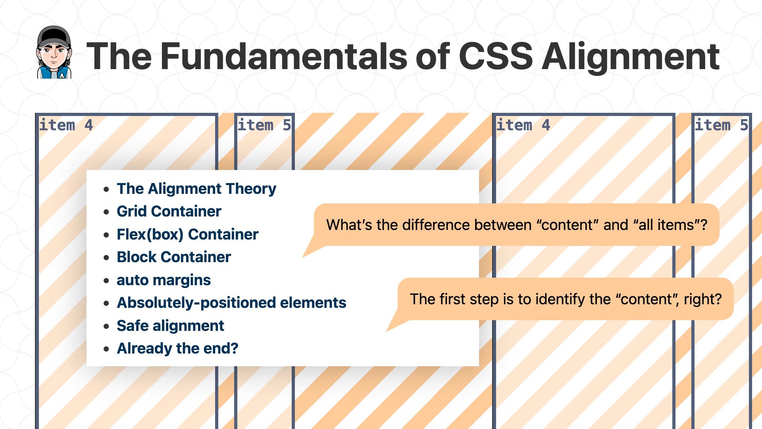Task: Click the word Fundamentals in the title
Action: (284, 56)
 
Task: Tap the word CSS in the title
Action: (495, 56)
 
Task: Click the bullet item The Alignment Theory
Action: (196, 189)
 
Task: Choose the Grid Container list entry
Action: (169, 211)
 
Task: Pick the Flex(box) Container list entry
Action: (187, 234)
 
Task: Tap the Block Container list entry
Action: (173, 257)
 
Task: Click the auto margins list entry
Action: (164, 280)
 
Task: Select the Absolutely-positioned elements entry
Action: (231, 303)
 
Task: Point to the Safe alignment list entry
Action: (170, 326)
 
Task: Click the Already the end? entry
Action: (177, 348)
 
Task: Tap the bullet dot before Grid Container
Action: (106, 212)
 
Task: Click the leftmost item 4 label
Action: (66, 125)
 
